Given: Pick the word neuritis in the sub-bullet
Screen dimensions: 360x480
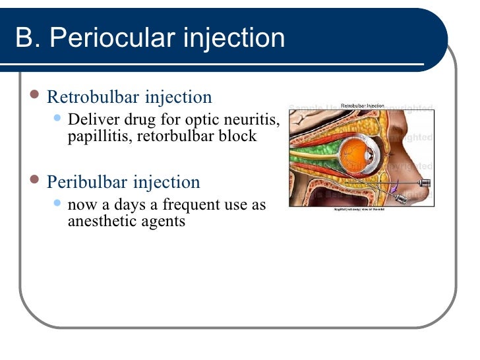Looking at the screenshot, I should [x=255, y=121].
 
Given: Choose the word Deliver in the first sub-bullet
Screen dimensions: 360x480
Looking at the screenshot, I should [x=92, y=121].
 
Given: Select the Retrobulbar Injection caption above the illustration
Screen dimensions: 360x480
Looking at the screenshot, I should [x=362, y=105].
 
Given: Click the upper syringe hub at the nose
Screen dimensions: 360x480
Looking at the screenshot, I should [x=425, y=182].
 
